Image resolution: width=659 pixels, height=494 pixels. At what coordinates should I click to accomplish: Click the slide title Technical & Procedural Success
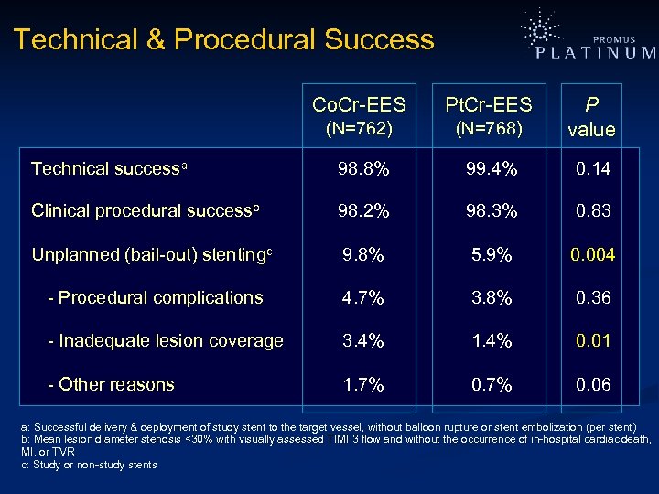[224, 40]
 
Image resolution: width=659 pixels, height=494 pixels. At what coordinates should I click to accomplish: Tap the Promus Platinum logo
[586, 40]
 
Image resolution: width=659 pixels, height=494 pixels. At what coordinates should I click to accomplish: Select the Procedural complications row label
[155, 297]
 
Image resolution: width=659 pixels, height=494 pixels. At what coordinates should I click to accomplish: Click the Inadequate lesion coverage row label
[165, 341]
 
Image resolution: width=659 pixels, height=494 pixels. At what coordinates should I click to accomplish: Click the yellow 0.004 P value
[591, 254]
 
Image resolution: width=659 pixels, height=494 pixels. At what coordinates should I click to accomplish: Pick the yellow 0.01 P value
[591, 341]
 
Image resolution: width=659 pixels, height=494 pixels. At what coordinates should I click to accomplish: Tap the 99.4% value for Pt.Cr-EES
[492, 169]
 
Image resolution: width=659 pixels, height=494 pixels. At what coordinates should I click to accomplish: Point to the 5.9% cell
[492, 254]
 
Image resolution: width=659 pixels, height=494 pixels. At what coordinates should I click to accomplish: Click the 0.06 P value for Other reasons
[591, 384]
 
